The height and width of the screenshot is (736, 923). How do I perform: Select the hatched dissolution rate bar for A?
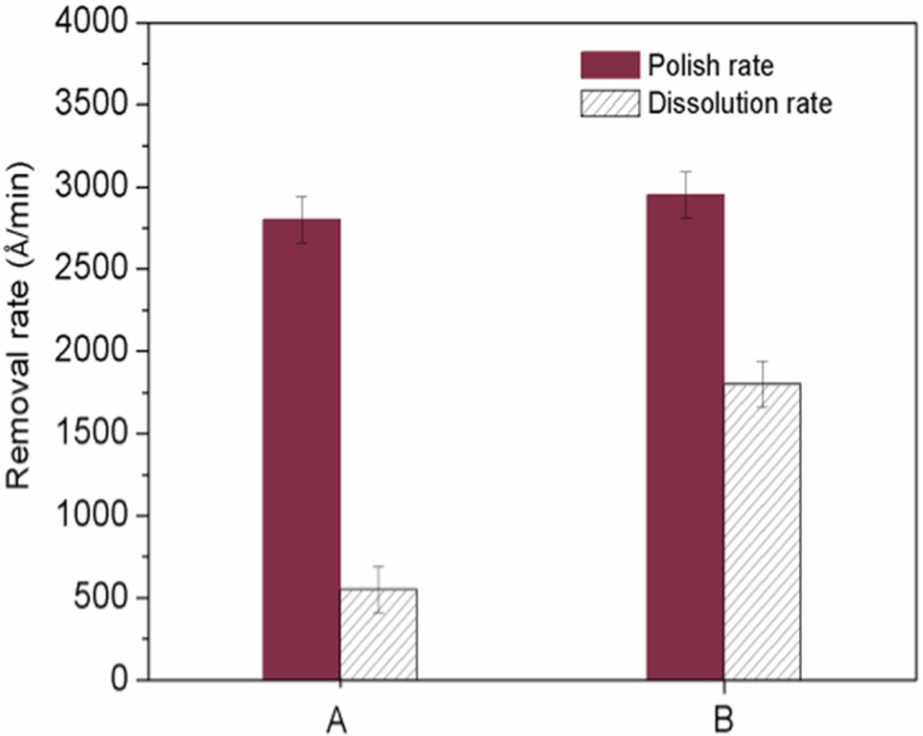click(379, 634)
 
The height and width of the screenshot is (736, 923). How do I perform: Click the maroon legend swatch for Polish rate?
click(609, 65)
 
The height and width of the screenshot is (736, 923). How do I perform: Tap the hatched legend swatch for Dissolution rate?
click(609, 103)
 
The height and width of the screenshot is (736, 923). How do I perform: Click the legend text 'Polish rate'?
click(710, 66)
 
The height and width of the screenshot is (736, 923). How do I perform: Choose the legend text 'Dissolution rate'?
click(740, 103)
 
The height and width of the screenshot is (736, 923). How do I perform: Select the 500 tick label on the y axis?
click(101, 597)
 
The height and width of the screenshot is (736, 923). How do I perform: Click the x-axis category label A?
click(336, 719)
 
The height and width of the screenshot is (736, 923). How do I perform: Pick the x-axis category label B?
click(723, 719)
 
